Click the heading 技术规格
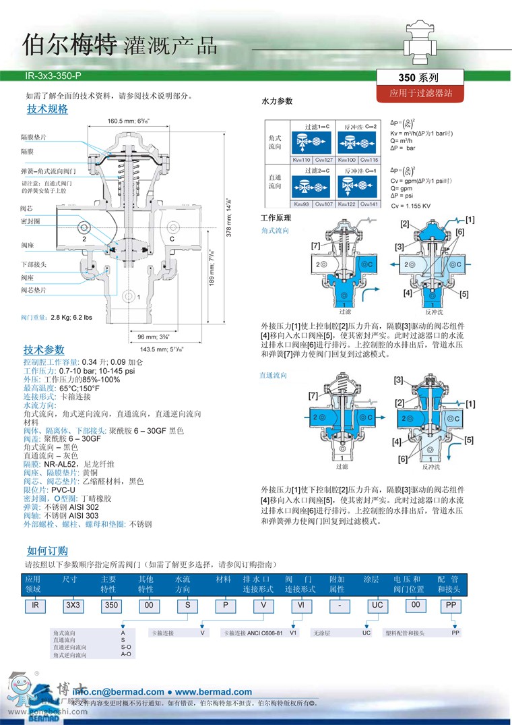click(47, 109)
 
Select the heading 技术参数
click(44, 350)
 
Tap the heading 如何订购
click(47, 551)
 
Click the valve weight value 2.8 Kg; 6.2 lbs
click(71, 316)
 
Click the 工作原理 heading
click(276, 218)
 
